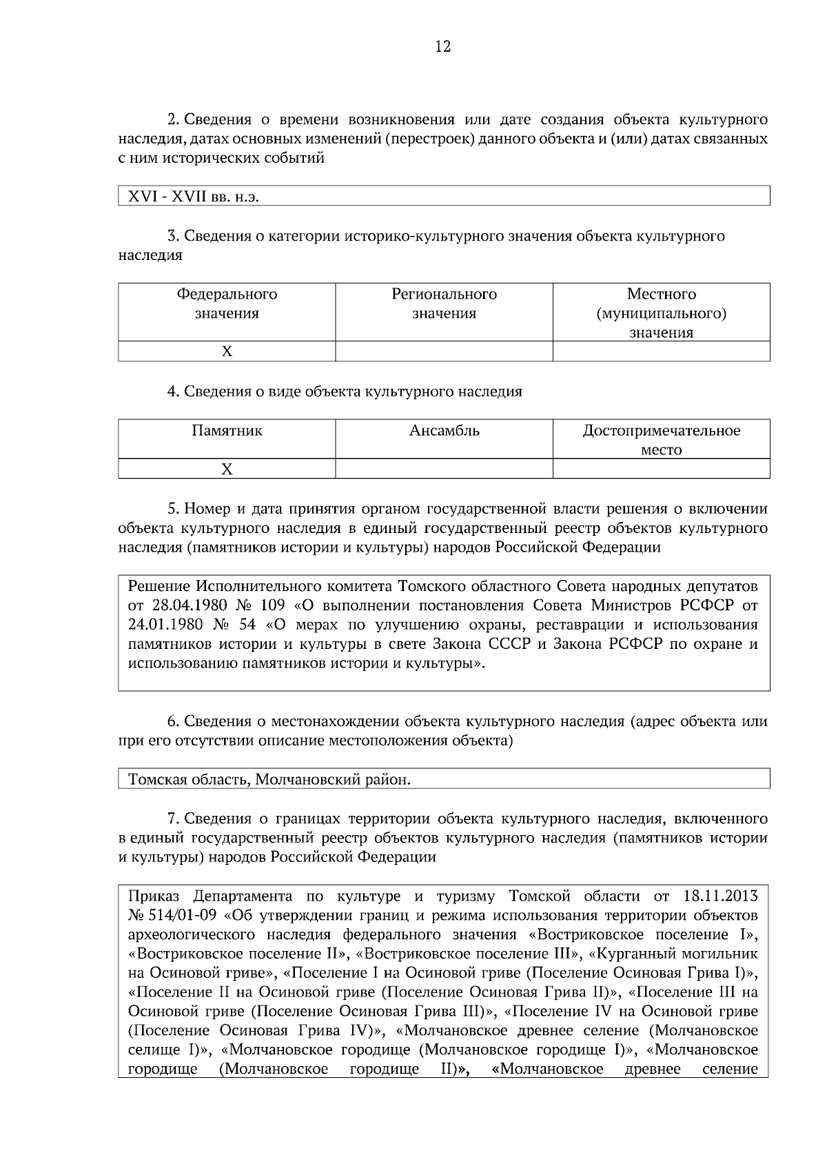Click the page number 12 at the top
(442, 47)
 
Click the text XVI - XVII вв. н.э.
(193, 197)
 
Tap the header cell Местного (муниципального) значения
(661, 313)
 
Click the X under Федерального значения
(227, 352)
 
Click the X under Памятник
(227, 470)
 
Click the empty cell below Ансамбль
(444, 470)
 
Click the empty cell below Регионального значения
(444, 352)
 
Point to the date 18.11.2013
(720, 897)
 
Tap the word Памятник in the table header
(227, 432)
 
